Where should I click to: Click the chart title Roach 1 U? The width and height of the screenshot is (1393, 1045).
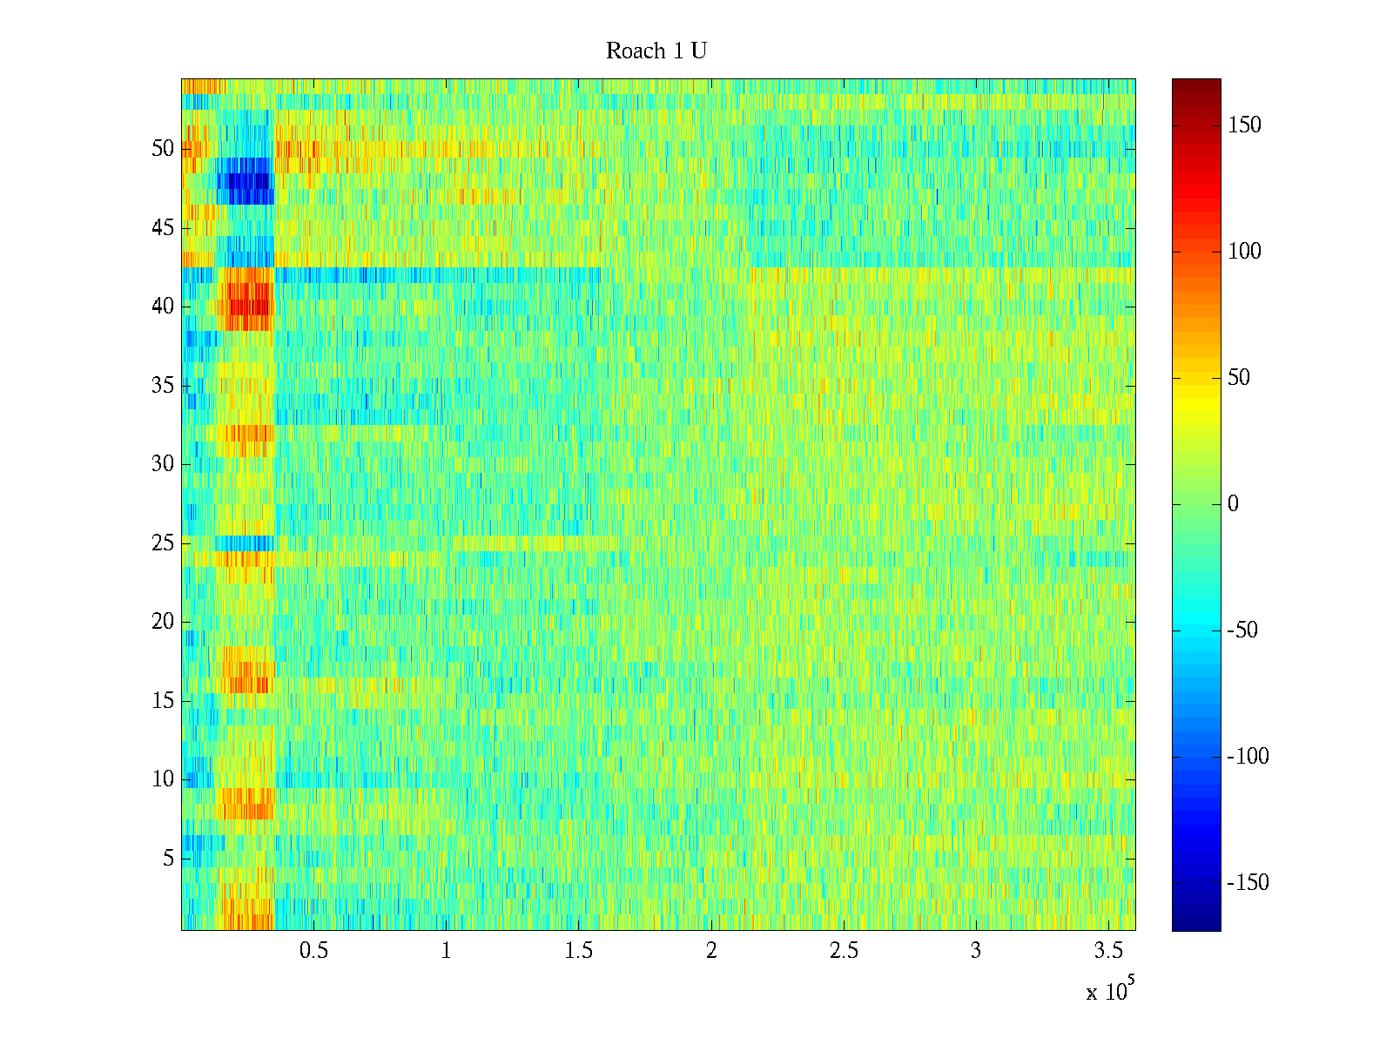pos(656,51)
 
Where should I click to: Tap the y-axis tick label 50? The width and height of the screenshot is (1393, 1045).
pos(163,149)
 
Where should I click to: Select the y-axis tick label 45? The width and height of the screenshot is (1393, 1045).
pos(163,228)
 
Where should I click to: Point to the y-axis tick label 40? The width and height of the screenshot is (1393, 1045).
pos(163,307)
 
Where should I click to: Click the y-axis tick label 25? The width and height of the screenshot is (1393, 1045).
pos(163,543)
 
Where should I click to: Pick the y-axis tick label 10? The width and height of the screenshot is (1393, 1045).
pos(163,779)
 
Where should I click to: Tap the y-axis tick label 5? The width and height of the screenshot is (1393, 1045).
pos(168,859)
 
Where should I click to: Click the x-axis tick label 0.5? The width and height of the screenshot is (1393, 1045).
pos(313,951)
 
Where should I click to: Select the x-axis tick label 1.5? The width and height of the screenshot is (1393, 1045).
pos(578,951)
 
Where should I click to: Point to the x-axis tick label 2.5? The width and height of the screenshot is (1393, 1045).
pos(844,951)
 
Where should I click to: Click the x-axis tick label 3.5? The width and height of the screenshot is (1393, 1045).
pos(1108,951)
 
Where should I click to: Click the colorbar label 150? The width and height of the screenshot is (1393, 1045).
pos(1244,125)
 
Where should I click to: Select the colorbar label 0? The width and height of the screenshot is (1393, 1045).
pos(1233,504)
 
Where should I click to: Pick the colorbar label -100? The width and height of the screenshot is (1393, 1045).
pos(1248,757)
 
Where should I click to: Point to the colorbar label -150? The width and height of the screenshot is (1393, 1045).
pos(1248,883)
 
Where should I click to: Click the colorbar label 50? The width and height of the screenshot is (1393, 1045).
pos(1239,378)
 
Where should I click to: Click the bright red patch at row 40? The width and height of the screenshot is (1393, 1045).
pos(250,307)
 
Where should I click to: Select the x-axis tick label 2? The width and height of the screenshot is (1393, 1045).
pos(711,951)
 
